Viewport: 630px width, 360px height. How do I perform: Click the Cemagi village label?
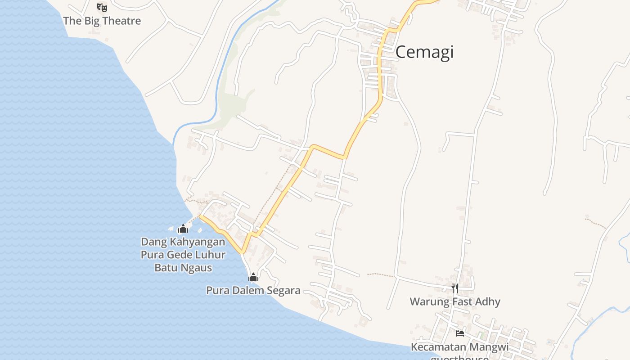point(424,53)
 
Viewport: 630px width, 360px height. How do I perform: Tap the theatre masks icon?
point(102,7)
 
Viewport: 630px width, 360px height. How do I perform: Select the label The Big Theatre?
point(102,21)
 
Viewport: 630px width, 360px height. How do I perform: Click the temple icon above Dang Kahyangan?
point(183,229)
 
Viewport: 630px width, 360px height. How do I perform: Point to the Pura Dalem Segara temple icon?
point(253,277)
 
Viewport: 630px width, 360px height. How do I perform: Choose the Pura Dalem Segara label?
point(253,290)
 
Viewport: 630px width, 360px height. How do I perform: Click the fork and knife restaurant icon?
point(455,288)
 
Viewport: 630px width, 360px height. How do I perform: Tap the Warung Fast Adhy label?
point(455,301)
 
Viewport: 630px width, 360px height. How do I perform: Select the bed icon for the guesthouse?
point(459,333)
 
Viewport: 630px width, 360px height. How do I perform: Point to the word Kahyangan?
point(197,242)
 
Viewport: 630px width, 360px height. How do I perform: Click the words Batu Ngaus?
point(183,268)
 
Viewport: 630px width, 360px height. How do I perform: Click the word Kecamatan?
point(439,347)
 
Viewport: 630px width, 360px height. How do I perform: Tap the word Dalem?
point(249,290)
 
